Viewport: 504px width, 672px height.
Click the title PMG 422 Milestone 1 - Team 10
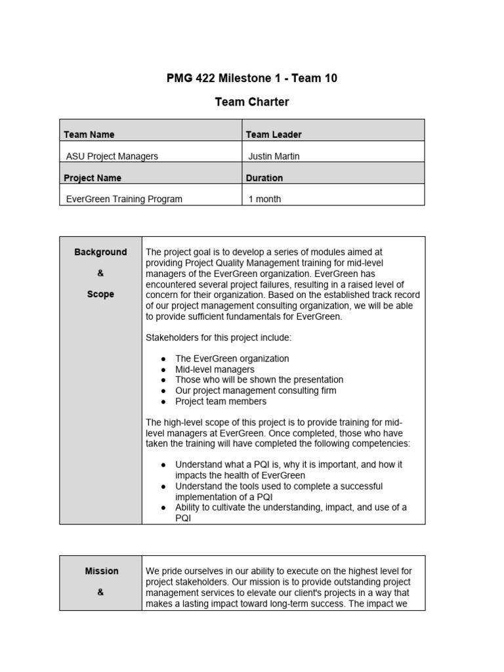(252, 79)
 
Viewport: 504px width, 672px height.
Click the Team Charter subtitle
(252, 102)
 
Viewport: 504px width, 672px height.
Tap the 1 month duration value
(265, 199)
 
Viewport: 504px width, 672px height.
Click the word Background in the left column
(100, 252)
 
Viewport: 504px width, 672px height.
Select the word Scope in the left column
(100, 294)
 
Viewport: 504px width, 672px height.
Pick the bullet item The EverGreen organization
(232, 359)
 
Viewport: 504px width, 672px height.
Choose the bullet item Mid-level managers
(215, 369)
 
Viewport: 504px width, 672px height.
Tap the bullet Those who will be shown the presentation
(259, 380)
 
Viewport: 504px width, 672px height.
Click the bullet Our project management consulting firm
(255, 390)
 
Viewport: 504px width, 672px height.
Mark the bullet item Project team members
(220, 401)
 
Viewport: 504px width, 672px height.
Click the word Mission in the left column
(102, 571)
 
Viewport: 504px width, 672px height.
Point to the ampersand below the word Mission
(100, 592)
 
